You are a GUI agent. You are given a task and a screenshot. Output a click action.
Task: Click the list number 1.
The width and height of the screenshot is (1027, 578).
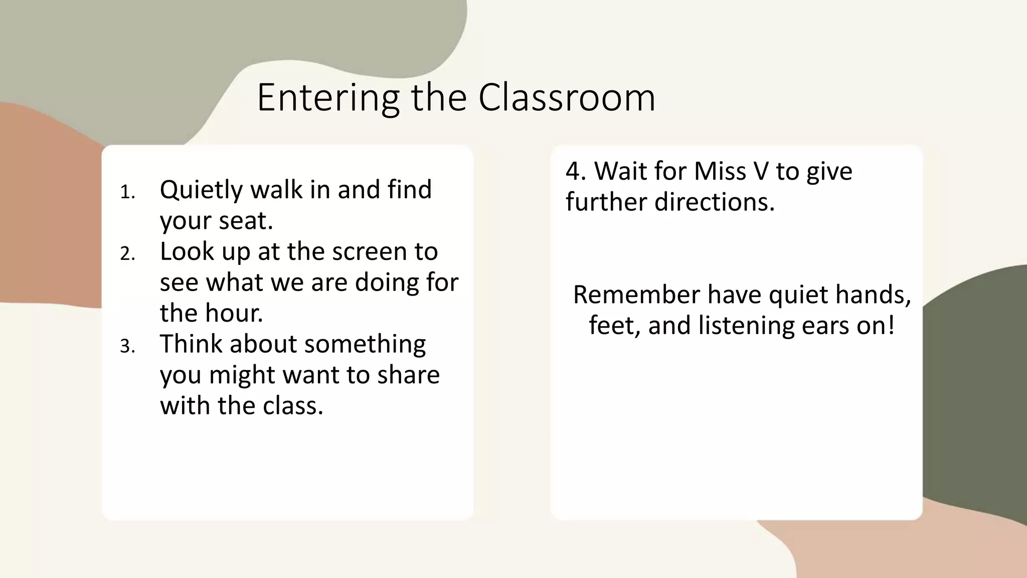click(127, 192)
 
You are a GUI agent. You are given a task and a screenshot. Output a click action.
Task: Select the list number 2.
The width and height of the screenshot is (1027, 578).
click(127, 254)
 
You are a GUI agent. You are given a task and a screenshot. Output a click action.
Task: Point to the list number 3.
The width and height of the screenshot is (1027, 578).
click(127, 346)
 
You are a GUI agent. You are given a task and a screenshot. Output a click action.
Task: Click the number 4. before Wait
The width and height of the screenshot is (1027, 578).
click(576, 171)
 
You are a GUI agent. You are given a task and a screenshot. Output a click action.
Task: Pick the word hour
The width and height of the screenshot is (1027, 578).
click(236, 313)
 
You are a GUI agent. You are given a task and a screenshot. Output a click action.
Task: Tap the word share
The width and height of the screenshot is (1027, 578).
click(408, 375)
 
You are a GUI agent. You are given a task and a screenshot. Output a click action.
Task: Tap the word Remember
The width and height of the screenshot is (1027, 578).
click(636, 295)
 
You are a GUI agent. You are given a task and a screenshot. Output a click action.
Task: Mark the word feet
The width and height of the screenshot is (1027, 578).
click(614, 326)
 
